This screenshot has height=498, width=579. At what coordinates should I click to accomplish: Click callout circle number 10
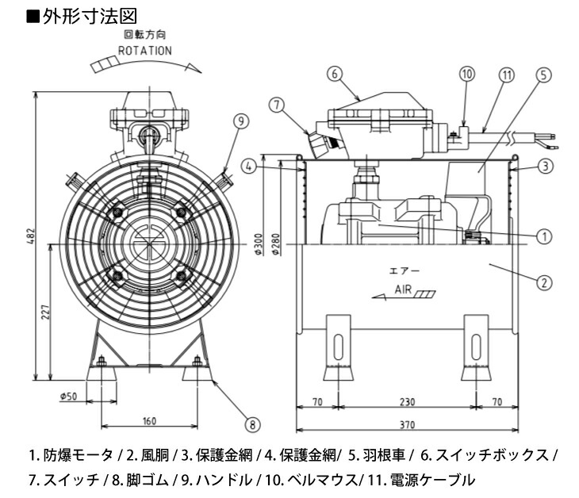[x=467, y=74]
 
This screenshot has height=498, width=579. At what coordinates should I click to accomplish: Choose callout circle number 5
[x=543, y=74]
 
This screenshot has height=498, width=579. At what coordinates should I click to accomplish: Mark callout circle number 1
[x=543, y=236]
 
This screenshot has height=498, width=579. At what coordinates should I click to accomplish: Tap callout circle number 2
[x=543, y=281]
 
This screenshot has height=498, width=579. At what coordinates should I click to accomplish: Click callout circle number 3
[x=543, y=167]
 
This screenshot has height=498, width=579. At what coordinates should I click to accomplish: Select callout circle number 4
[x=248, y=167]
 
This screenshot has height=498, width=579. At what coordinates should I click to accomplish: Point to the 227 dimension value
[x=44, y=313]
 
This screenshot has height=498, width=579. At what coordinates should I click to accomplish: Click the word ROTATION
[x=144, y=49]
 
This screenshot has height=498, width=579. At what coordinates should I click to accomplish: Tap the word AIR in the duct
[x=403, y=290]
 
